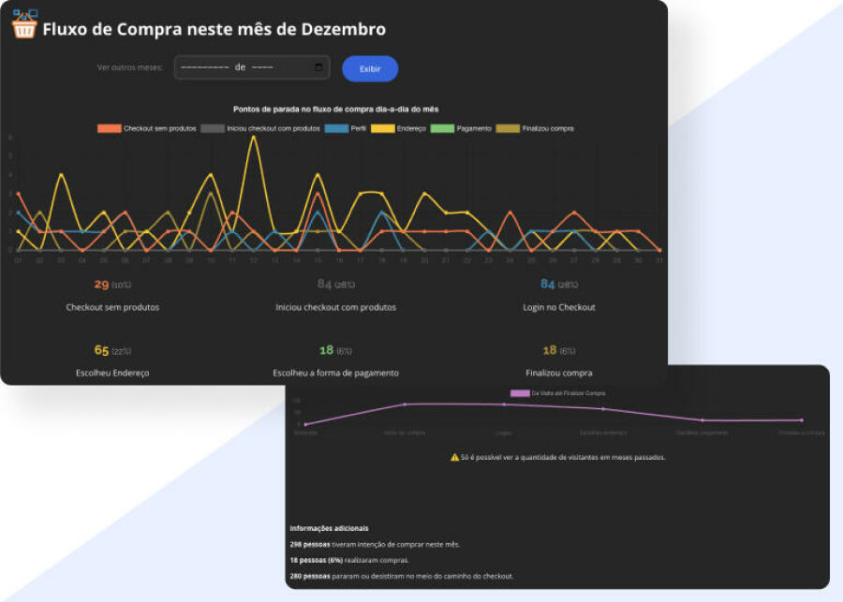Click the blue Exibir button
[370, 68]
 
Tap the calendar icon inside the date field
[319, 67]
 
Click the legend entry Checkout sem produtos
[147, 128]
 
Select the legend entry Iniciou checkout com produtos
[261, 128]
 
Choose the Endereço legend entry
[398, 128]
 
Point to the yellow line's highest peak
[254, 138]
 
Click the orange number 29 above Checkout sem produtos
[102, 284]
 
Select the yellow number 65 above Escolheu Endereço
[102, 350]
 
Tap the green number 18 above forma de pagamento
[326, 350]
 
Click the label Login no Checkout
[560, 307]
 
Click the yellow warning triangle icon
[454, 457]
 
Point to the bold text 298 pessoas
[311, 544]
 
